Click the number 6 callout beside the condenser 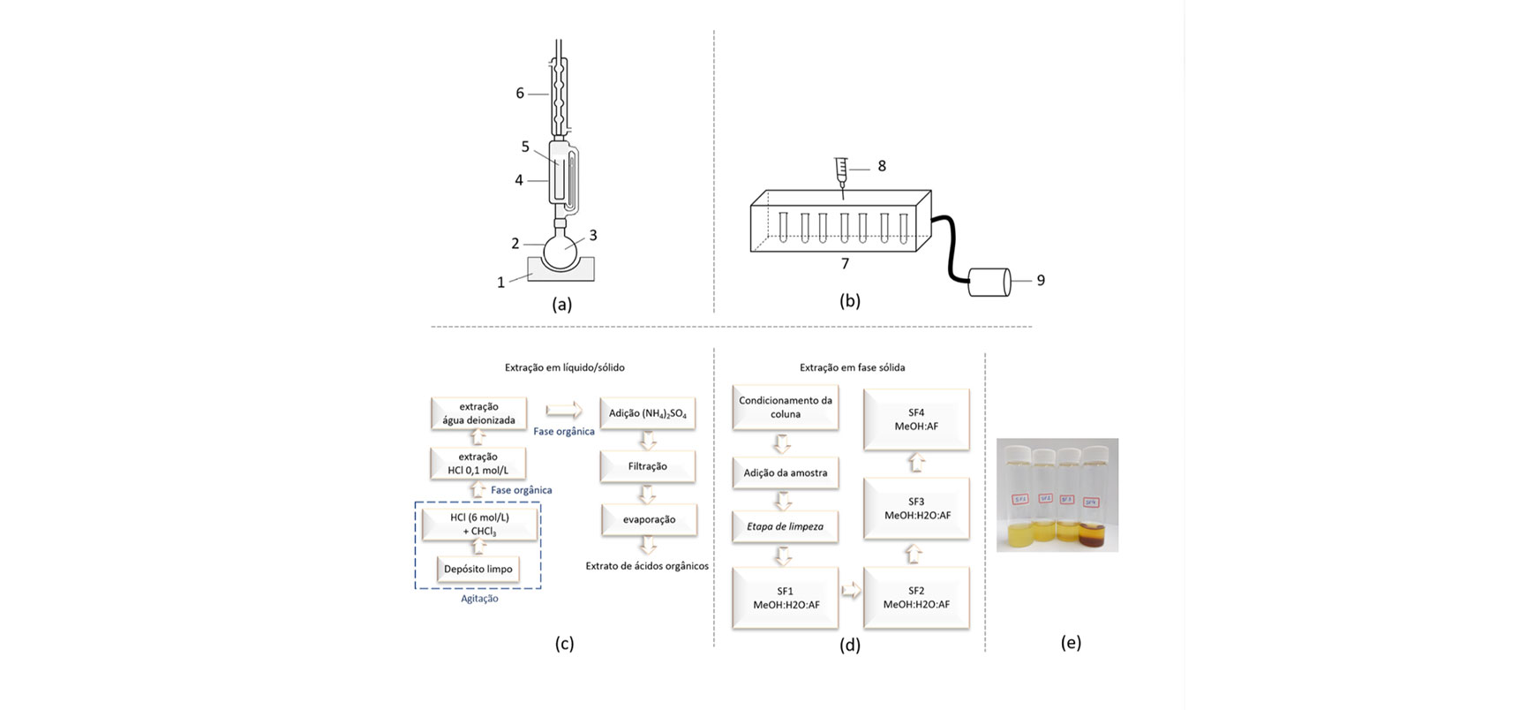pos(520,94)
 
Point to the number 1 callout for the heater pos(500,283)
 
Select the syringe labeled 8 pos(841,171)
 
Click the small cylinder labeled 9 pos(989,283)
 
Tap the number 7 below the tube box pos(845,264)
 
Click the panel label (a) pos(561,305)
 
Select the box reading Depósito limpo pos(478,570)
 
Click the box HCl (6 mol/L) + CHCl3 pos(479,524)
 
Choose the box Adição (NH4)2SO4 pos(647,413)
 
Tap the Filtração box pos(647,466)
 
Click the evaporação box pos(649,519)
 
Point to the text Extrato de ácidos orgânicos pos(647,566)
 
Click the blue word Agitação pos(479,599)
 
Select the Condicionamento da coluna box pos(785,407)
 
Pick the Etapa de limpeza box pos(785,526)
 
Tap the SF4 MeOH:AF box pos(916,419)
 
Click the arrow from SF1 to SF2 pos(851,591)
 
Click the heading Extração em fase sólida pos(852,367)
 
